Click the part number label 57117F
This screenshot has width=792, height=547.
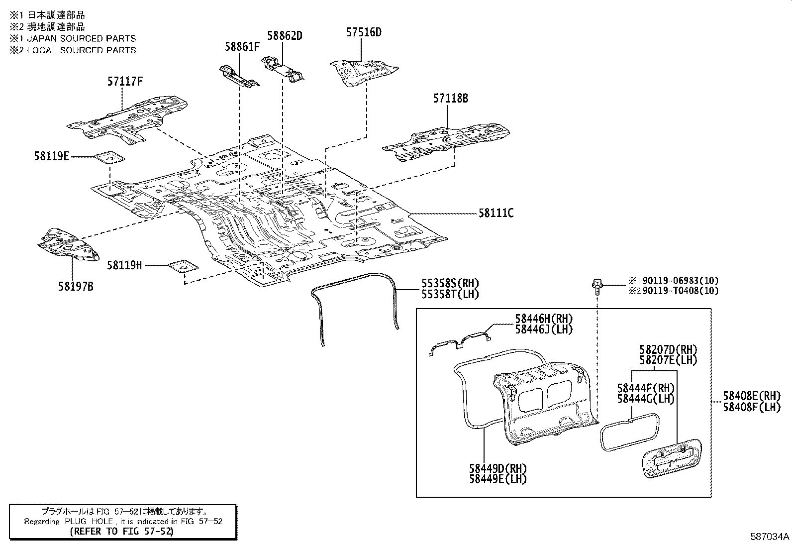(125, 81)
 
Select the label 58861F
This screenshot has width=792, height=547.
(242, 47)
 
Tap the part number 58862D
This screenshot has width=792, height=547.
(285, 36)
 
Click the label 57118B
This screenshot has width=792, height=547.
(450, 99)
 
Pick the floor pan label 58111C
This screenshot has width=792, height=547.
(495, 213)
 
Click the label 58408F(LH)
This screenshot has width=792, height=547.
(752, 407)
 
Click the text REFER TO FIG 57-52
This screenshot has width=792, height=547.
(122, 531)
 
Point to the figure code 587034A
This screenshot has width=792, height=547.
(770, 537)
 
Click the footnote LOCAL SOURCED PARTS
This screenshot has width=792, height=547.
(81, 50)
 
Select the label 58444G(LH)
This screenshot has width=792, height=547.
(645, 399)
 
